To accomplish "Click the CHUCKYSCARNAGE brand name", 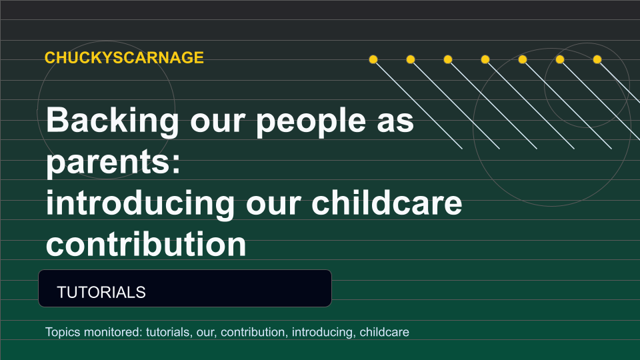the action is click(124, 57).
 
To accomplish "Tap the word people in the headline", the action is click(311, 121).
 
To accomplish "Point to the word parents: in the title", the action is click(113, 163).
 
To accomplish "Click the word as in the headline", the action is click(395, 123).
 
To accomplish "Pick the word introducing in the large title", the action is click(140, 204).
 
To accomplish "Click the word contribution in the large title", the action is click(146, 244).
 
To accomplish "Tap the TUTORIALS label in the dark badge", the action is click(101, 292).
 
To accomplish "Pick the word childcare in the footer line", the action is click(384, 332).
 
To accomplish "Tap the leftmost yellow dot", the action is click(373, 59).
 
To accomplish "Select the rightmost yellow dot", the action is click(597, 59).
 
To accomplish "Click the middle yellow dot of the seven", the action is click(485, 59).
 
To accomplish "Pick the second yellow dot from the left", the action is click(411, 59).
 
